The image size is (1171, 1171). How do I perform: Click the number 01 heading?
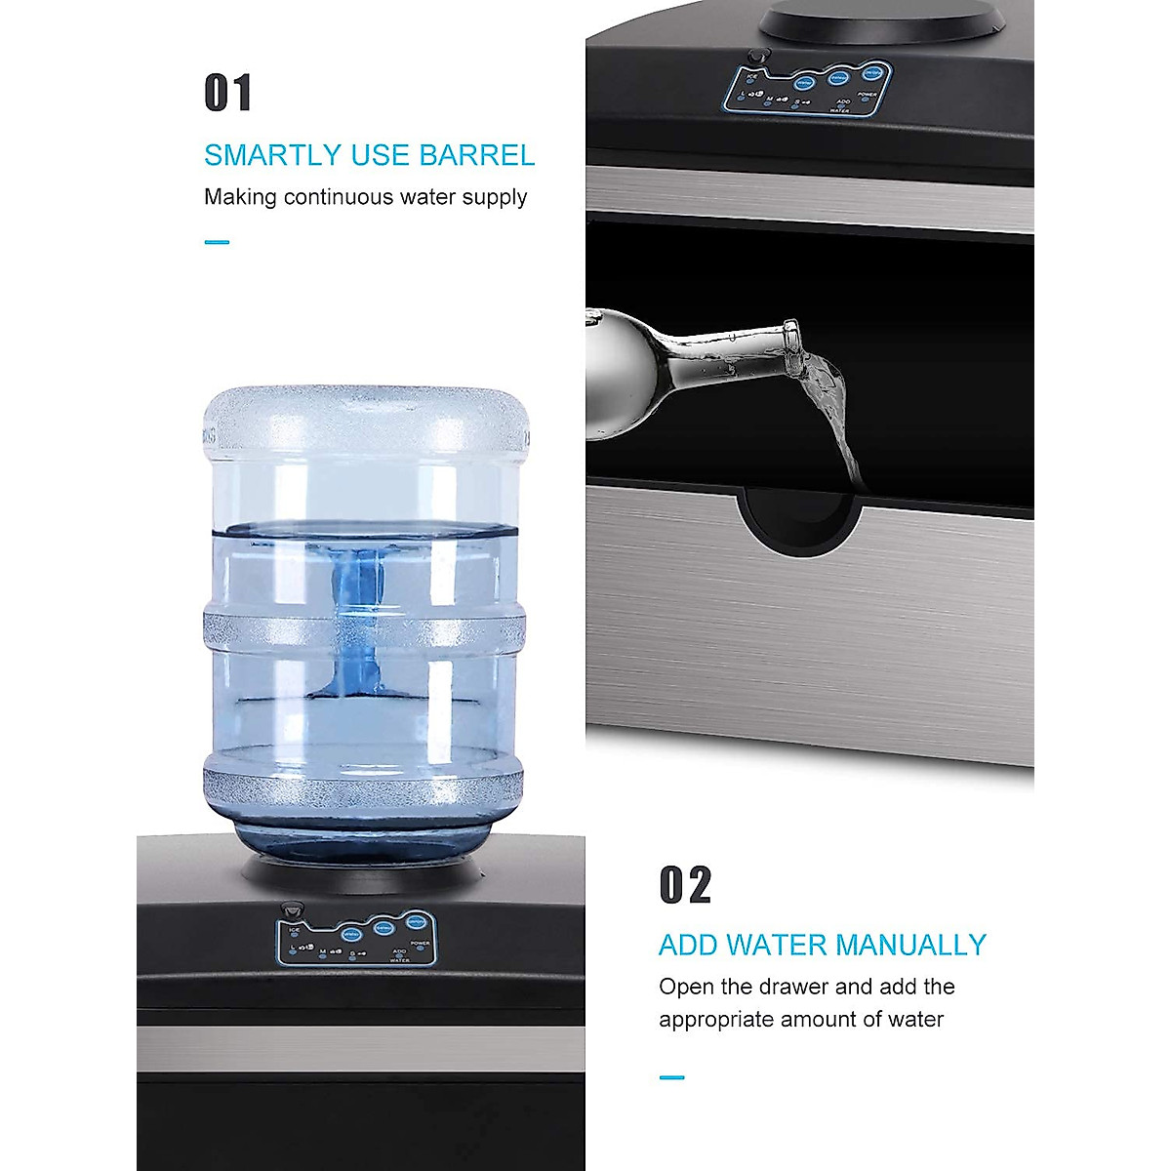click(227, 94)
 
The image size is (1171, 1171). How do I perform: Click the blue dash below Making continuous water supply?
click(217, 242)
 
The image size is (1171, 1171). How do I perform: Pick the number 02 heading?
click(685, 885)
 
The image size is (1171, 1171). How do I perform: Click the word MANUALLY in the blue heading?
click(911, 945)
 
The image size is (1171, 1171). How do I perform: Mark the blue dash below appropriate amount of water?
click(671, 1077)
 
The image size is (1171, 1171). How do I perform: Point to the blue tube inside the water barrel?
click(355, 625)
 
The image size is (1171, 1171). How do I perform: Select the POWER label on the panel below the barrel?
click(420, 944)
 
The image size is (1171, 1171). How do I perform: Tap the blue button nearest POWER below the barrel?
click(416, 923)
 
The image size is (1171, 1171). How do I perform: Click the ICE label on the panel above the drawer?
click(751, 74)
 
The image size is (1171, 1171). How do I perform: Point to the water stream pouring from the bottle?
click(838, 420)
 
